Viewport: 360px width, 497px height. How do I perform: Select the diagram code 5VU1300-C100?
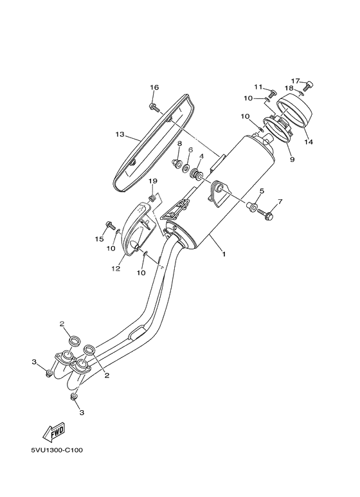tap(51, 449)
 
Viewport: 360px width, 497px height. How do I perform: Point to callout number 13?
tap(120, 134)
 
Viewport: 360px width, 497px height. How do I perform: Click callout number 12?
tap(116, 269)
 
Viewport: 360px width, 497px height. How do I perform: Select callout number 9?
tap(291, 158)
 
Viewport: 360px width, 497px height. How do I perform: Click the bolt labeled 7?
tap(268, 217)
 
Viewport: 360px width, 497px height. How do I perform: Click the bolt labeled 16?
tap(154, 106)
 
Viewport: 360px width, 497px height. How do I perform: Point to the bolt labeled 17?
tap(309, 85)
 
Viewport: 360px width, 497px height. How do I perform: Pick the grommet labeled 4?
tap(198, 174)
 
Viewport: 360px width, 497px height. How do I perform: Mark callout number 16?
tap(154, 87)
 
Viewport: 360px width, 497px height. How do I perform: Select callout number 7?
tap(280, 202)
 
